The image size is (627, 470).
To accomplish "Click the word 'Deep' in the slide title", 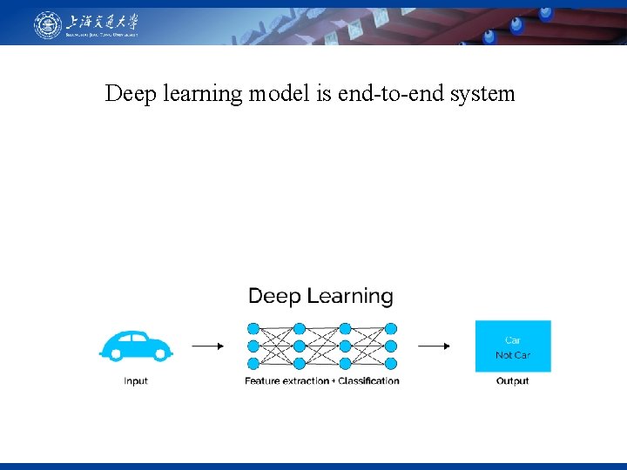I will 128,94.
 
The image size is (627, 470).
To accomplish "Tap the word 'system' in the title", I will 482,94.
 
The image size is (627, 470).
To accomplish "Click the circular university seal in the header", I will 48,24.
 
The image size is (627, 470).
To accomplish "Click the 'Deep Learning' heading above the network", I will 320,297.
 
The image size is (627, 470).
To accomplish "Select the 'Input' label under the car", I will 136,381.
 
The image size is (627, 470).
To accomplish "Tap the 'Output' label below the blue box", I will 513,381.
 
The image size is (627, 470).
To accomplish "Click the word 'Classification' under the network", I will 368,381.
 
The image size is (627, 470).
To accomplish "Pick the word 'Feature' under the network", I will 264,381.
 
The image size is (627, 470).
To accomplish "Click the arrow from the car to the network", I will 207,346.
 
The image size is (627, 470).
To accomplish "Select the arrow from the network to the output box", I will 434,346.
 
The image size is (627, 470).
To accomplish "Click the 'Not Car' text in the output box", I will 513,355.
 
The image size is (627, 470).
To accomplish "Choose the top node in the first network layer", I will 253,329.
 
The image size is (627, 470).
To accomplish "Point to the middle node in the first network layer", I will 253,346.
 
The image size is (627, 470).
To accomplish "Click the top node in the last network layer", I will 391,329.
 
